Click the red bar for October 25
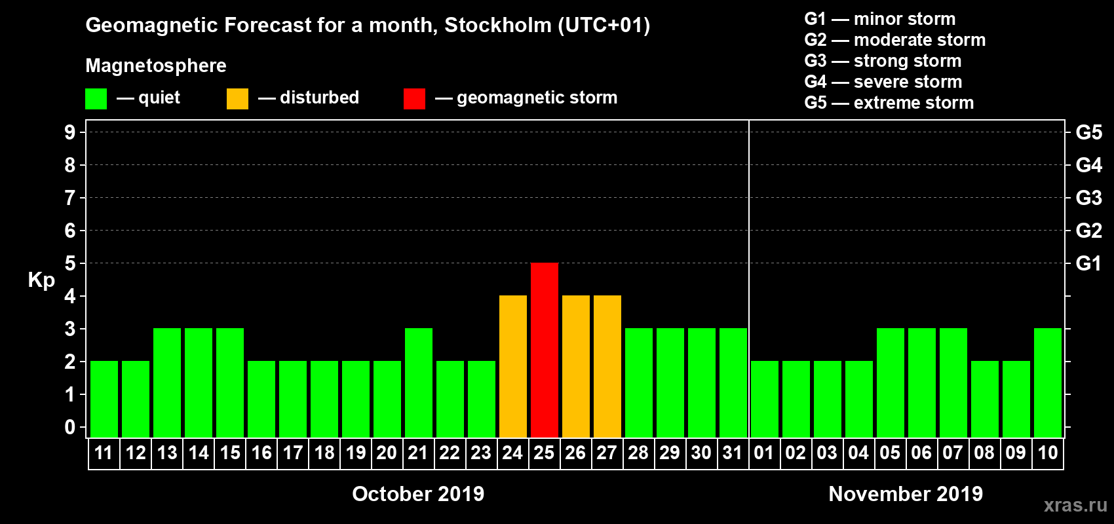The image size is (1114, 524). coord(545,350)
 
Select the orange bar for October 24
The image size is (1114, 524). coord(513,366)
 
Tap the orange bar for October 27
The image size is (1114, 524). coord(607,366)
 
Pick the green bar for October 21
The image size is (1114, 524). coord(419,383)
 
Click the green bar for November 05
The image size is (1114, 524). coord(891,383)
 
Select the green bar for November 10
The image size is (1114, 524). coord(1048,383)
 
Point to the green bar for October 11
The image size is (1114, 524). coord(104,399)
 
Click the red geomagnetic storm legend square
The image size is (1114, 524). coord(414,99)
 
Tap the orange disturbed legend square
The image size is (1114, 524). coord(237,99)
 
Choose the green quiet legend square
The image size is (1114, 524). coord(96,99)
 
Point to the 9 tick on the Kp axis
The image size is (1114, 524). coord(70,132)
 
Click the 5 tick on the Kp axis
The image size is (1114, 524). coord(70,263)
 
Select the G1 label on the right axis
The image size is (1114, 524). coord(1088,263)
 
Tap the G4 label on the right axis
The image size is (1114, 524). coord(1088,165)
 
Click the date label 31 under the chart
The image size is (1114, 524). coord(733,453)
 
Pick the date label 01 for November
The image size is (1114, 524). coord(764,453)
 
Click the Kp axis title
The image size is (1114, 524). coord(41,280)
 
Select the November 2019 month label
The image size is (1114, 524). coord(906,493)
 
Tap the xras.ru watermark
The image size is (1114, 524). coord(1075,505)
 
